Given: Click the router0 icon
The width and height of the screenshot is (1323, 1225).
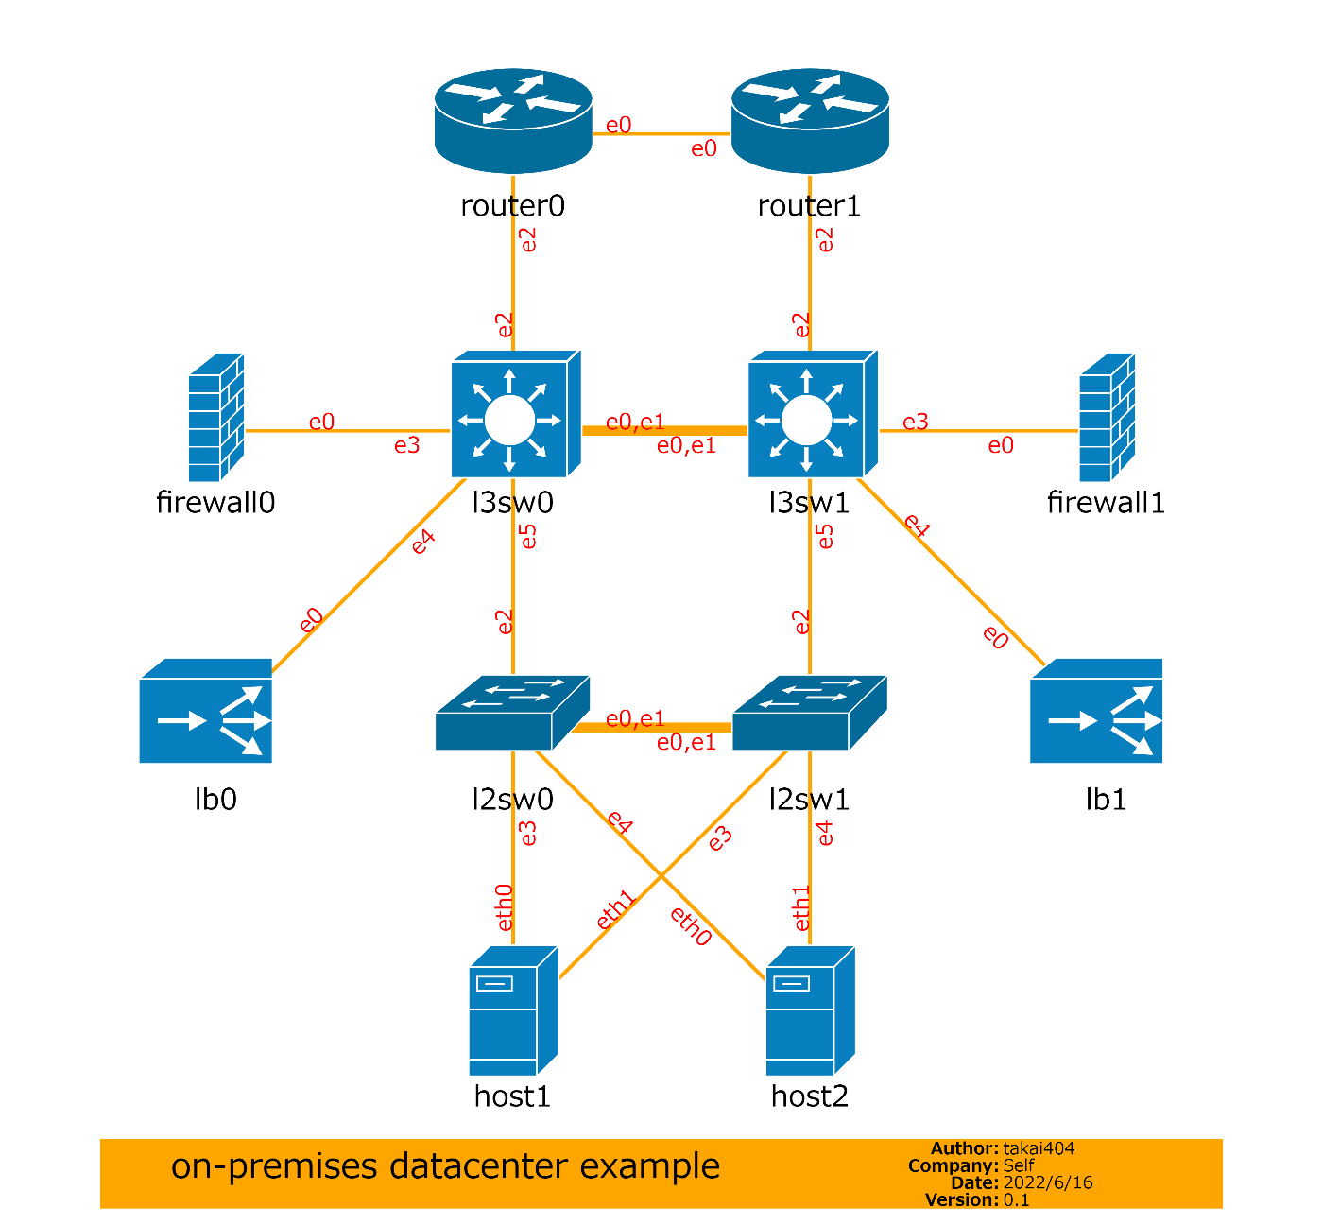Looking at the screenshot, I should (x=513, y=120).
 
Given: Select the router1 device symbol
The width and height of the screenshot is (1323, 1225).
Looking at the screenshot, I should (x=810, y=120).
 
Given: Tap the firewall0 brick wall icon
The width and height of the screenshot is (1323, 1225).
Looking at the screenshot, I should (x=216, y=418).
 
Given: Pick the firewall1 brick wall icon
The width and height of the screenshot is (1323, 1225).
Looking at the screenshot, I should (x=1107, y=418).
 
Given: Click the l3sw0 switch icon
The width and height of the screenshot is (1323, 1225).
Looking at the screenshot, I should (x=514, y=415).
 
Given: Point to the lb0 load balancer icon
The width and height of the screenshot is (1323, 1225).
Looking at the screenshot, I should (x=206, y=712).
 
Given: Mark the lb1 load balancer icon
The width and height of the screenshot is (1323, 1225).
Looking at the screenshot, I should (x=1096, y=712).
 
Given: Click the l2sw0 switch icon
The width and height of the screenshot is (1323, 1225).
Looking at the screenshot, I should (x=512, y=714).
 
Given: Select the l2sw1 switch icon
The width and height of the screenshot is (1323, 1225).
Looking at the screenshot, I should (x=809, y=714).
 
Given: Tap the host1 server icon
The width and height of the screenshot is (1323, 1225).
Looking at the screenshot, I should (x=513, y=1010).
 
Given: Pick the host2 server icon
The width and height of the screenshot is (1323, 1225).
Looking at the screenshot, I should (x=810, y=1010).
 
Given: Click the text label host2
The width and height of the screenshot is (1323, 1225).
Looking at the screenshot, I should (x=810, y=1096).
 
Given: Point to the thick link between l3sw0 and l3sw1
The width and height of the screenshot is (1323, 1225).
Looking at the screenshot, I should (x=664, y=431).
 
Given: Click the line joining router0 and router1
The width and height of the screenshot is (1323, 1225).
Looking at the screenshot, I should (x=661, y=134).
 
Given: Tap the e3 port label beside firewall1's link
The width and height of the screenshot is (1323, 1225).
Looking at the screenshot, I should (x=915, y=422).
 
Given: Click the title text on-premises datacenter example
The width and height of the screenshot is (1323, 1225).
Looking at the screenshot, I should (x=445, y=1166).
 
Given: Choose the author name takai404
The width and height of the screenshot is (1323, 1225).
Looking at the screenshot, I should (x=1039, y=1148).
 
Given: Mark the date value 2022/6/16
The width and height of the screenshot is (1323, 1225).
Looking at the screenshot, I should (x=1048, y=1182).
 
